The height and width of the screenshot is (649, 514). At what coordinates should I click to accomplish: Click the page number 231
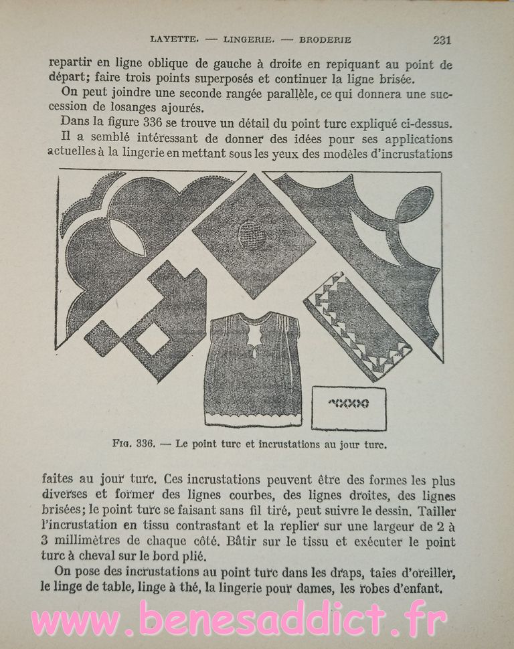tap(442, 39)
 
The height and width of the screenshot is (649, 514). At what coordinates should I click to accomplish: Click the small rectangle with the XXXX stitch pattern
tap(349, 406)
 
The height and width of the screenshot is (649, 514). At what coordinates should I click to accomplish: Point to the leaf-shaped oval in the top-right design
tap(413, 204)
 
